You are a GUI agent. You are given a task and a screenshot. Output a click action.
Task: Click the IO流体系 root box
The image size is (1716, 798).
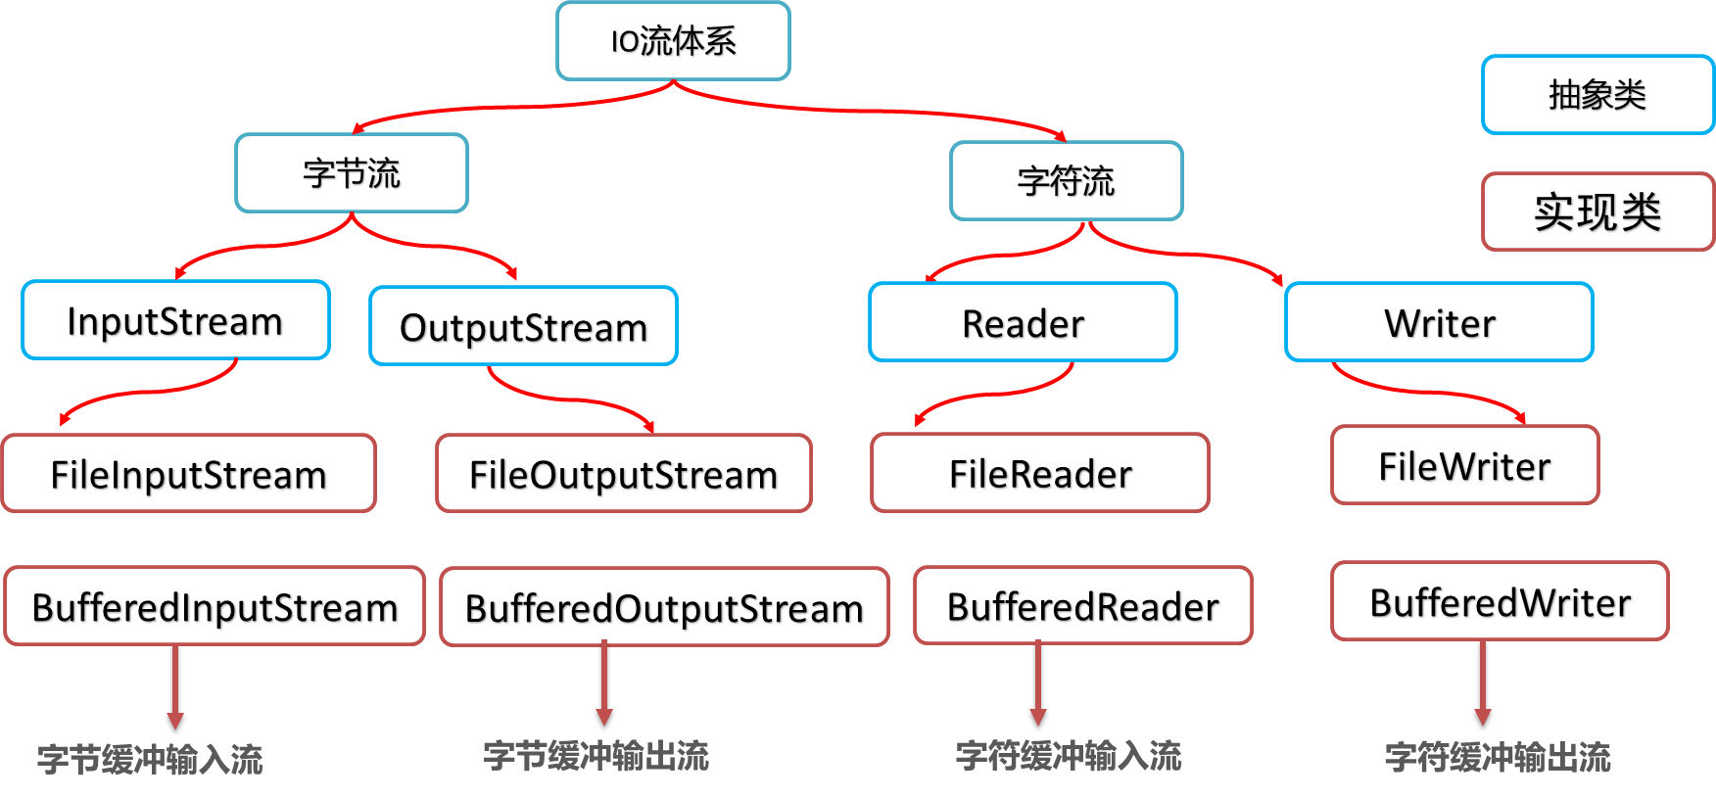[673, 41]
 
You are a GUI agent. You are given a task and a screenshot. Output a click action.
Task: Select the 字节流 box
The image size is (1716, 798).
[352, 173]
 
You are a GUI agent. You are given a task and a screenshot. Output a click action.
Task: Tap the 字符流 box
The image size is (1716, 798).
[1067, 181]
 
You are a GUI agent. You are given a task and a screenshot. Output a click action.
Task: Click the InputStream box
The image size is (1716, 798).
[175, 320]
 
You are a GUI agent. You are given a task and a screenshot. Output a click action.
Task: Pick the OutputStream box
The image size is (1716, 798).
[523, 326]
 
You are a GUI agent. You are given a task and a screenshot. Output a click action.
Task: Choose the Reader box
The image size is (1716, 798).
[1023, 322]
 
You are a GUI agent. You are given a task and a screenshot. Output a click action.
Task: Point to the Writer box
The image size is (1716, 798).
[1439, 322]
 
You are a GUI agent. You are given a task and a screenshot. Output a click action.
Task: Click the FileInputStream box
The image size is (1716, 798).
[189, 474]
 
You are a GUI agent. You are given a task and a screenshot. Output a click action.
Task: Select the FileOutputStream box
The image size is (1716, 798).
[624, 474]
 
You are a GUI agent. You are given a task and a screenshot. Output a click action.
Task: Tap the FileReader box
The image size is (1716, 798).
[1040, 473]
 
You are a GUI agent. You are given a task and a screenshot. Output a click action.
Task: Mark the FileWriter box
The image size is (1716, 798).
[1465, 465]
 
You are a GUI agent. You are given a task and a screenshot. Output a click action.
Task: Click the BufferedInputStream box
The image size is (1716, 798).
[214, 606]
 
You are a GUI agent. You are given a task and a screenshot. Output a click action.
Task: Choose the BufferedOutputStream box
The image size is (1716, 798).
[665, 607]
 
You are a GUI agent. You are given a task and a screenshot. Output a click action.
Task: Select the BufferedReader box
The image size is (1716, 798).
[1083, 606]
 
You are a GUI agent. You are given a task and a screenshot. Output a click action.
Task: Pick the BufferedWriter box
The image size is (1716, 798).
[1501, 601]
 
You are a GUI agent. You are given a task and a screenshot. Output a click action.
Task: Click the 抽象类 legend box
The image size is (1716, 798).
[1598, 95]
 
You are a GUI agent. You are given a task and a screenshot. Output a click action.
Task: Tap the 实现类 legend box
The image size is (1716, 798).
[1598, 211]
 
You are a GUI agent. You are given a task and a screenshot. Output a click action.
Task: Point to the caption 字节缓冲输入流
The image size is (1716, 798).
[150, 760]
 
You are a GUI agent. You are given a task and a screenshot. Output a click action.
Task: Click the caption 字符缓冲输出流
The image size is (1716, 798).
[1498, 757]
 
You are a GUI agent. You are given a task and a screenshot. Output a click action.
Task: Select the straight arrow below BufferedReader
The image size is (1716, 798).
[1038, 683]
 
